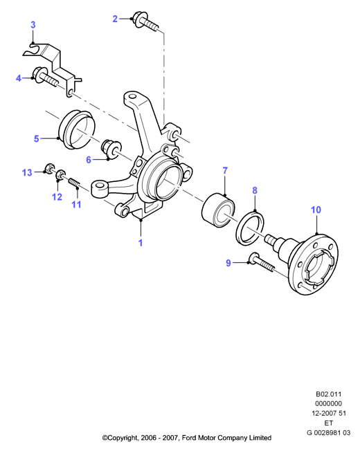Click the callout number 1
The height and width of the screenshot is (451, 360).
coord(141,243)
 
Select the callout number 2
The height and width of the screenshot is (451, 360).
coord(115,19)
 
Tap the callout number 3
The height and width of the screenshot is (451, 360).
coord(33,25)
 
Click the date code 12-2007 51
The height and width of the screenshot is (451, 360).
coord(329,414)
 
